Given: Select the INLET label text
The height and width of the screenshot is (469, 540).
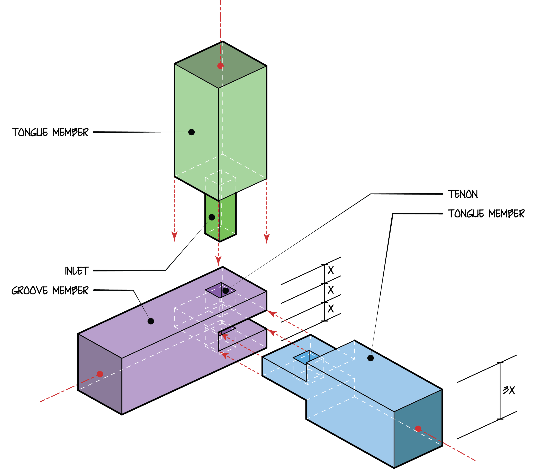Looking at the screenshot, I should [77, 271].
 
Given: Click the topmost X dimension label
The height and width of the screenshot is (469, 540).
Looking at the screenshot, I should [331, 270].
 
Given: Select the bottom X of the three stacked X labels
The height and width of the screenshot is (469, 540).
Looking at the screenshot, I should [331, 308].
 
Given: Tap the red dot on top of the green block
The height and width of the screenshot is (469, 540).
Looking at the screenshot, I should [220, 66].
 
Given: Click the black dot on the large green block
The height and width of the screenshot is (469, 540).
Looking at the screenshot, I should [192, 132].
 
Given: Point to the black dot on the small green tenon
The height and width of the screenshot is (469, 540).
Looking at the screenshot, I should [212, 217].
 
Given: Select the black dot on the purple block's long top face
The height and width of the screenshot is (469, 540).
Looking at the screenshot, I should [151, 321].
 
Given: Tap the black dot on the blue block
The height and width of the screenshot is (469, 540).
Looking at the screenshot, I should [370, 358].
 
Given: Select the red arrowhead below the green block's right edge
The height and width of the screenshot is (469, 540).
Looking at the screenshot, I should [267, 238].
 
